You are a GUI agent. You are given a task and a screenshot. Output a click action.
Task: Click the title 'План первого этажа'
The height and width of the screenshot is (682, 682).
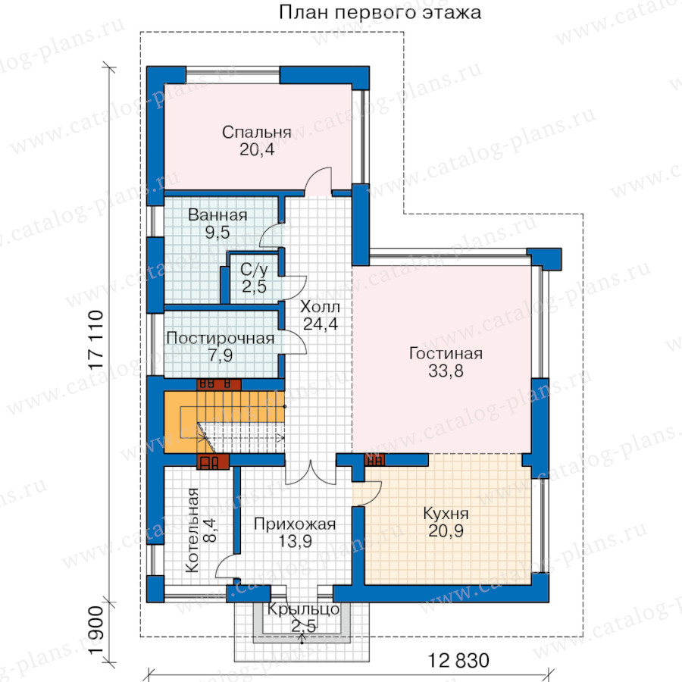[x=380, y=13]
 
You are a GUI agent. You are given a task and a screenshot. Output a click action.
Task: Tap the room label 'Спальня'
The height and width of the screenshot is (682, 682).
[x=257, y=132]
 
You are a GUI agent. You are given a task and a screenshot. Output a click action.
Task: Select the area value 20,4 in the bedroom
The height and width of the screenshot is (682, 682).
[x=257, y=149]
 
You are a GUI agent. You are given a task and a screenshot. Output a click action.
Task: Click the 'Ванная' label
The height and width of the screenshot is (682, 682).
[x=217, y=215]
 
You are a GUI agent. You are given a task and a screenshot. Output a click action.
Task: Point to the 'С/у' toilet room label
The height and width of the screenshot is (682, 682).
[x=254, y=270]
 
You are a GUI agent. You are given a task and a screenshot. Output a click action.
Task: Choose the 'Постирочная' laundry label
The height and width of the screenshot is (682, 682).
[x=220, y=339]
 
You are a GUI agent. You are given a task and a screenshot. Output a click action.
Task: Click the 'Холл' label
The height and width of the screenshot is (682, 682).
[x=320, y=307]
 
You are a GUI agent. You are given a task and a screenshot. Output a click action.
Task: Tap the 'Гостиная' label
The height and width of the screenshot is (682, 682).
[x=446, y=354]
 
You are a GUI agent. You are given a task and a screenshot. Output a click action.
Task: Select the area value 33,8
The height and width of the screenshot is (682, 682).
[x=446, y=371]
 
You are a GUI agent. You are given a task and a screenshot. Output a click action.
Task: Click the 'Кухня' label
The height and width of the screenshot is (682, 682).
[x=446, y=514]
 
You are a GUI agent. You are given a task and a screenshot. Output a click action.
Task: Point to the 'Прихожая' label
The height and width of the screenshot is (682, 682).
[x=295, y=524]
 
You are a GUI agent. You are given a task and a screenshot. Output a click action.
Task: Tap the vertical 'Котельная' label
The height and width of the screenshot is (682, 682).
[x=192, y=530]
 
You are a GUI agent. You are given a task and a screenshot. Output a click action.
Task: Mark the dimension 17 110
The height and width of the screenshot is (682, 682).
[x=96, y=340]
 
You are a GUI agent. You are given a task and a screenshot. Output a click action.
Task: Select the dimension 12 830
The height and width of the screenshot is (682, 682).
[x=459, y=660]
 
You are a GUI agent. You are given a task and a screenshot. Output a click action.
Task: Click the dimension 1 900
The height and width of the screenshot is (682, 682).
[x=96, y=630]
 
